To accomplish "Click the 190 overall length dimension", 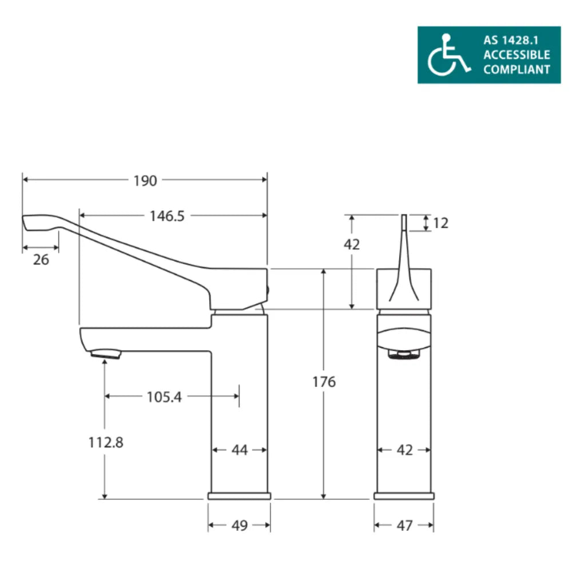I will [x=145, y=181].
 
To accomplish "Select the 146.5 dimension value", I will [x=167, y=216].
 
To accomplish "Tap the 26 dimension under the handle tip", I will [x=41, y=260].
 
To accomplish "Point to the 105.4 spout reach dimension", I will [x=164, y=396].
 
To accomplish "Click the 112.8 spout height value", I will [x=106, y=442].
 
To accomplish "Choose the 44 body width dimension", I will [x=240, y=451].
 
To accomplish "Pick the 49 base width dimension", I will [x=240, y=525].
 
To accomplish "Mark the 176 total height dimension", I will [x=324, y=382].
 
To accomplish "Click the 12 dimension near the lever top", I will [x=441, y=223].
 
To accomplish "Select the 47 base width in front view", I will [x=404, y=525].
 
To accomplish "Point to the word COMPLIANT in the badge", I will [x=517, y=70].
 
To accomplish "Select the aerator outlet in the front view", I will [x=404, y=355].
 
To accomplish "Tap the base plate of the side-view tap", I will [x=239, y=496].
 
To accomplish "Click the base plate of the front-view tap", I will [x=404, y=496].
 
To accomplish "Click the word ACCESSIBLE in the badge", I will [x=517, y=55].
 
